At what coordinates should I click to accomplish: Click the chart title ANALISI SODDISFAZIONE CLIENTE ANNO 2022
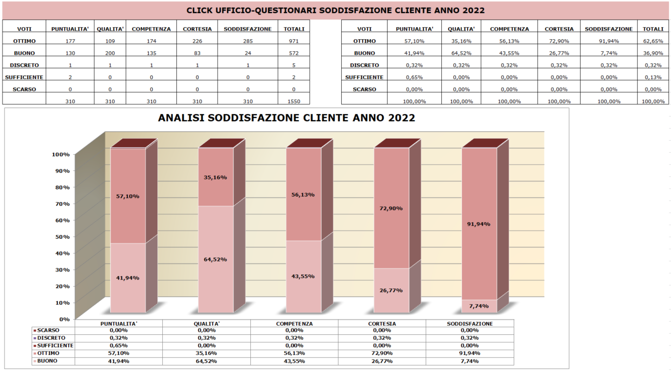pos(286,118)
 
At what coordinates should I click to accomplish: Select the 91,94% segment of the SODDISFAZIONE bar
pos(480,224)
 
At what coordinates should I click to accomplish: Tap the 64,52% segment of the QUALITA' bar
pos(216,259)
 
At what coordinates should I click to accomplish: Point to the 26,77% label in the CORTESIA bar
pos(392,291)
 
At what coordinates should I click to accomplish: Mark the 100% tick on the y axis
pos(61,154)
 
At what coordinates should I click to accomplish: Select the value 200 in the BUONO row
pos(110,53)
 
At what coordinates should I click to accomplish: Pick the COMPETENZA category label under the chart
pos(294,324)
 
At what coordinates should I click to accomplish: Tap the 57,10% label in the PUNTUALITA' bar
pos(128,196)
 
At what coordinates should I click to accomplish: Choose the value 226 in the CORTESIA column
pos(197,41)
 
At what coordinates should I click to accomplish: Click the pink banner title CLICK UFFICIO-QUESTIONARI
pos(335,11)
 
